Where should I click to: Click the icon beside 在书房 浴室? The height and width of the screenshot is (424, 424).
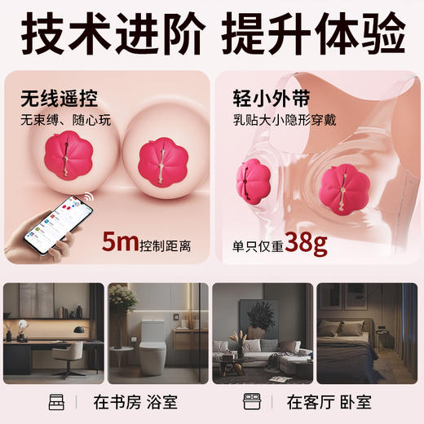[x=56, y=402]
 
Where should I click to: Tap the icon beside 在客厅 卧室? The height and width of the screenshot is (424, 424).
[x=252, y=402]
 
